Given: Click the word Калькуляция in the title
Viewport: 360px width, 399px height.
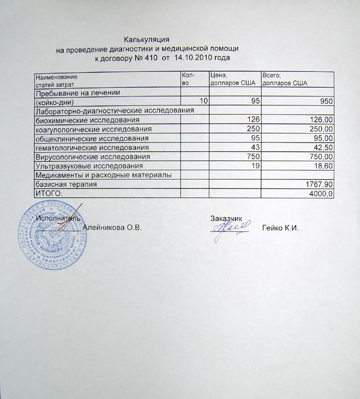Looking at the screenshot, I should (x=146, y=40).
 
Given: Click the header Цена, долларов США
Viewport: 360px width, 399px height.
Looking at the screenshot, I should (x=233, y=80).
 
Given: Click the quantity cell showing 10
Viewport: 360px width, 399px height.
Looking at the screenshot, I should (x=203, y=102).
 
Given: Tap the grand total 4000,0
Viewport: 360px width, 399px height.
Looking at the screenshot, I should (x=322, y=193).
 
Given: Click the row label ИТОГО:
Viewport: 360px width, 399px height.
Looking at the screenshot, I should (x=48, y=193).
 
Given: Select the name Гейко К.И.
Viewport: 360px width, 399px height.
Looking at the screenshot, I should (x=281, y=228).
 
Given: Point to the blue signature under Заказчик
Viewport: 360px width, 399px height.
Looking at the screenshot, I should (x=229, y=229).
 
